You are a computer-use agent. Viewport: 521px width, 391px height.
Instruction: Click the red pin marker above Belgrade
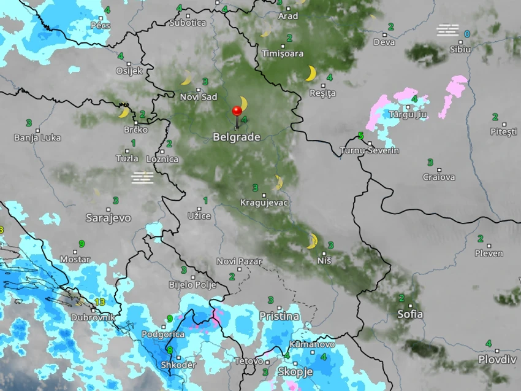coord(237,111)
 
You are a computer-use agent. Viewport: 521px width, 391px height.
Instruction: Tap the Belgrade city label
coord(237,137)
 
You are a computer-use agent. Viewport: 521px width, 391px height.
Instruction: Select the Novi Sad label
coord(199,97)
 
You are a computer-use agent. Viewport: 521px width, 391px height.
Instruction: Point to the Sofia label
coord(410,314)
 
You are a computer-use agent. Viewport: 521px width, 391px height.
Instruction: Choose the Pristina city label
coord(279,316)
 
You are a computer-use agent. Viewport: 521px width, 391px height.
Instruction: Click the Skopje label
coord(295,372)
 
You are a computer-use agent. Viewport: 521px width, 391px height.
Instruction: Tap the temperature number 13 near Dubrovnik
coord(99,302)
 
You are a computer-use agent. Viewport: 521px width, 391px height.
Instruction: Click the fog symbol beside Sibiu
coord(447,29)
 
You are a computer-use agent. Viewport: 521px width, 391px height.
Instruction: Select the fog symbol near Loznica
coord(142,177)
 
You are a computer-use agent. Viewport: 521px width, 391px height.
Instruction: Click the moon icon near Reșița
coord(311,74)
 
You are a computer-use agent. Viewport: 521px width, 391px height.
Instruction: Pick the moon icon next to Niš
coord(312,241)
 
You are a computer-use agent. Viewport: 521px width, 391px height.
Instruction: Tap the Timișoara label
coord(283,53)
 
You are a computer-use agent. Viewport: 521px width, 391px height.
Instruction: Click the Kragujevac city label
coord(264,202)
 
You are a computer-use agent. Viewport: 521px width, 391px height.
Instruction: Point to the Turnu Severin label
coord(370,150)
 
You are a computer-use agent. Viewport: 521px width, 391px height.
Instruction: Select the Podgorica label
coord(163,334)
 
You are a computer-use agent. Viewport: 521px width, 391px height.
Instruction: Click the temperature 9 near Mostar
coord(81,244)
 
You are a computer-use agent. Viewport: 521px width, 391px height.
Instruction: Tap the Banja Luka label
coord(37,137)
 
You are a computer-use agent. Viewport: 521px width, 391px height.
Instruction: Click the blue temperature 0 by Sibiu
coord(467,34)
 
